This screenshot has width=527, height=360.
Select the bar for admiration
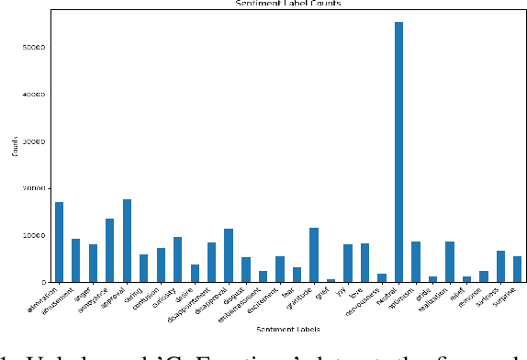(59, 242)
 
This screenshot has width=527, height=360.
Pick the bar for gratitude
(314, 254)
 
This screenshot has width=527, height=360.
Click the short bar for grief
(331, 280)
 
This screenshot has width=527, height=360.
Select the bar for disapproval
(229, 255)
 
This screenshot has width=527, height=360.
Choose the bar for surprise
(517, 269)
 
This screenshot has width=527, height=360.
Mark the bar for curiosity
(177, 259)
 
